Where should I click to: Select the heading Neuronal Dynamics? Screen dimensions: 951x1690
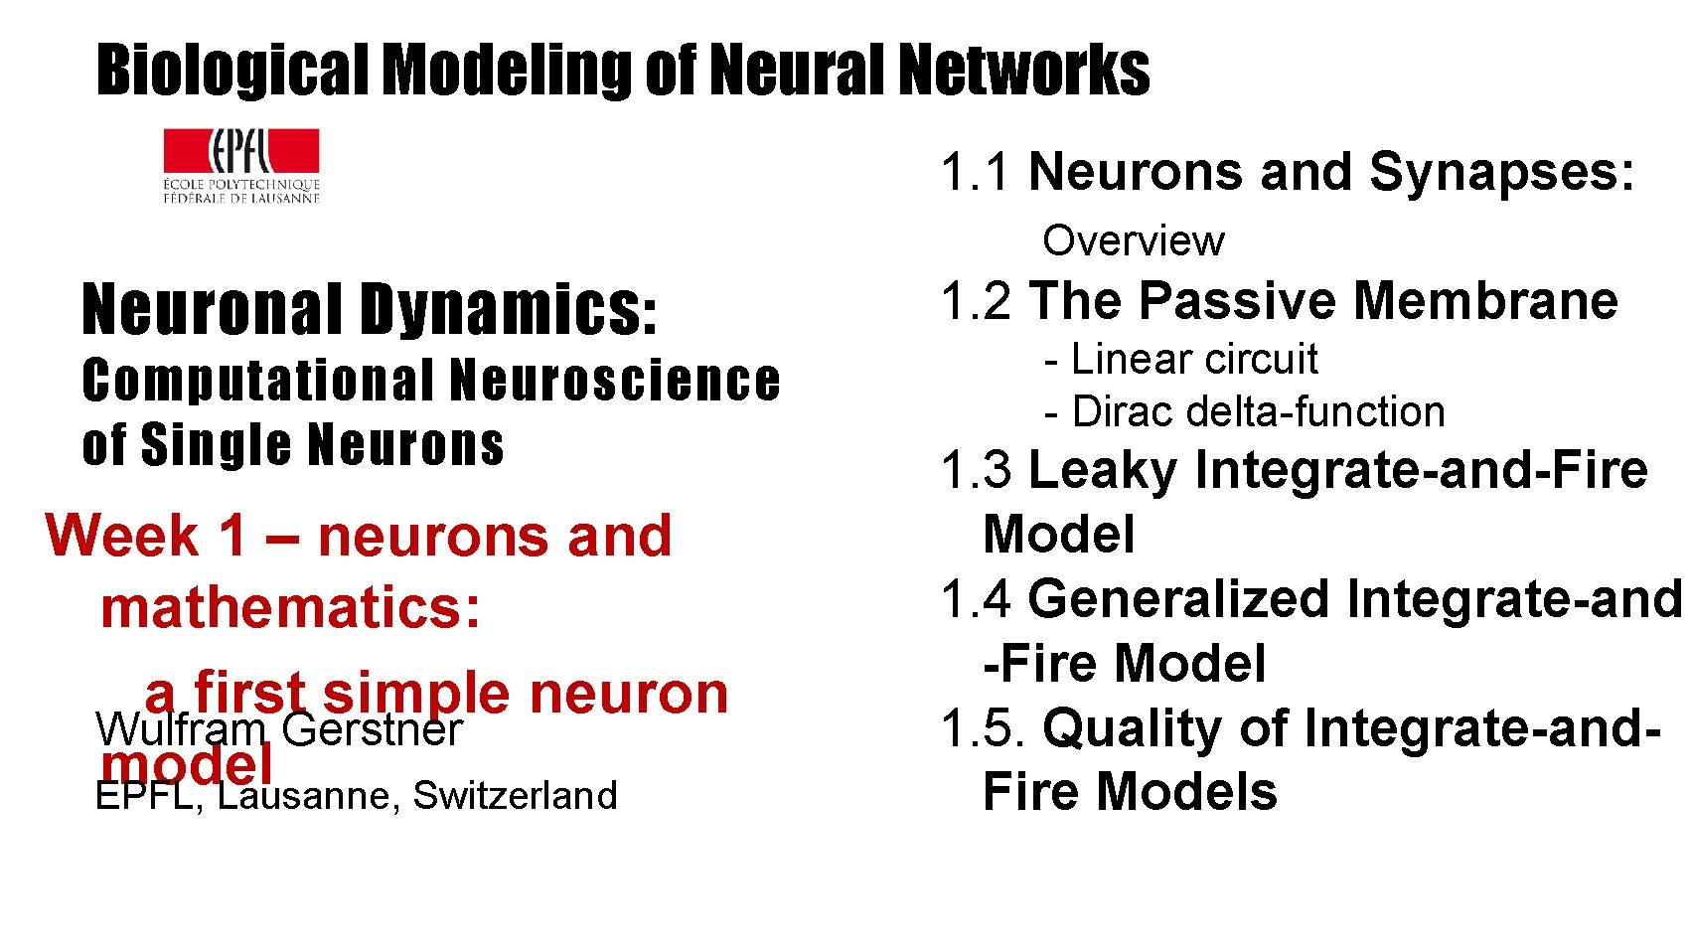370,309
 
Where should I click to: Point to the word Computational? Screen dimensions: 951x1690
258,382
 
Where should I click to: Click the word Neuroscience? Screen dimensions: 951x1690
614,382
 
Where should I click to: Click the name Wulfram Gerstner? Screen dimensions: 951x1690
279,730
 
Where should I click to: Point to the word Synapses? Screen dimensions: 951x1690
1501,172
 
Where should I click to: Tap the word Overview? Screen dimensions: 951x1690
1133,240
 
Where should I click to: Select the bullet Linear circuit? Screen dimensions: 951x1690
1181,359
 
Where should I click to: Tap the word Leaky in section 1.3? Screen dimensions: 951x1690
1102,470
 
